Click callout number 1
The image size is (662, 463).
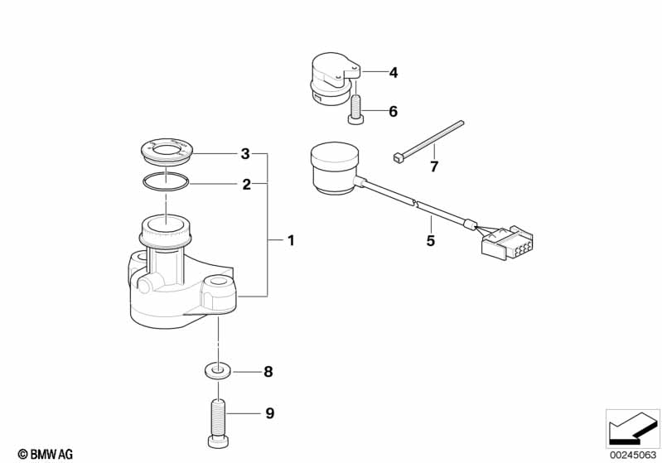click(x=291, y=240)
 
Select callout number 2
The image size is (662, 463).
click(x=247, y=184)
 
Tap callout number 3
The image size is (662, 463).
click(x=245, y=153)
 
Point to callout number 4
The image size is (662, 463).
click(x=393, y=73)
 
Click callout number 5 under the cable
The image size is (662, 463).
click(x=430, y=240)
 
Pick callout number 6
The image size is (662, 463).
click(x=393, y=112)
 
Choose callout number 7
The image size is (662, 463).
click(x=434, y=166)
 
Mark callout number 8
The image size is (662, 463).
click(x=268, y=372)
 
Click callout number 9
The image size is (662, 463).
click(x=270, y=412)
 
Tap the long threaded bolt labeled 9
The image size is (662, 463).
click(x=218, y=423)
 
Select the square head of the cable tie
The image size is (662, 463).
click(x=396, y=158)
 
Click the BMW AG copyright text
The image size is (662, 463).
click(x=46, y=454)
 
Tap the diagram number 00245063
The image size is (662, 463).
click(x=633, y=455)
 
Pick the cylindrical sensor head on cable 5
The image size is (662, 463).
click(x=335, y=169)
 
